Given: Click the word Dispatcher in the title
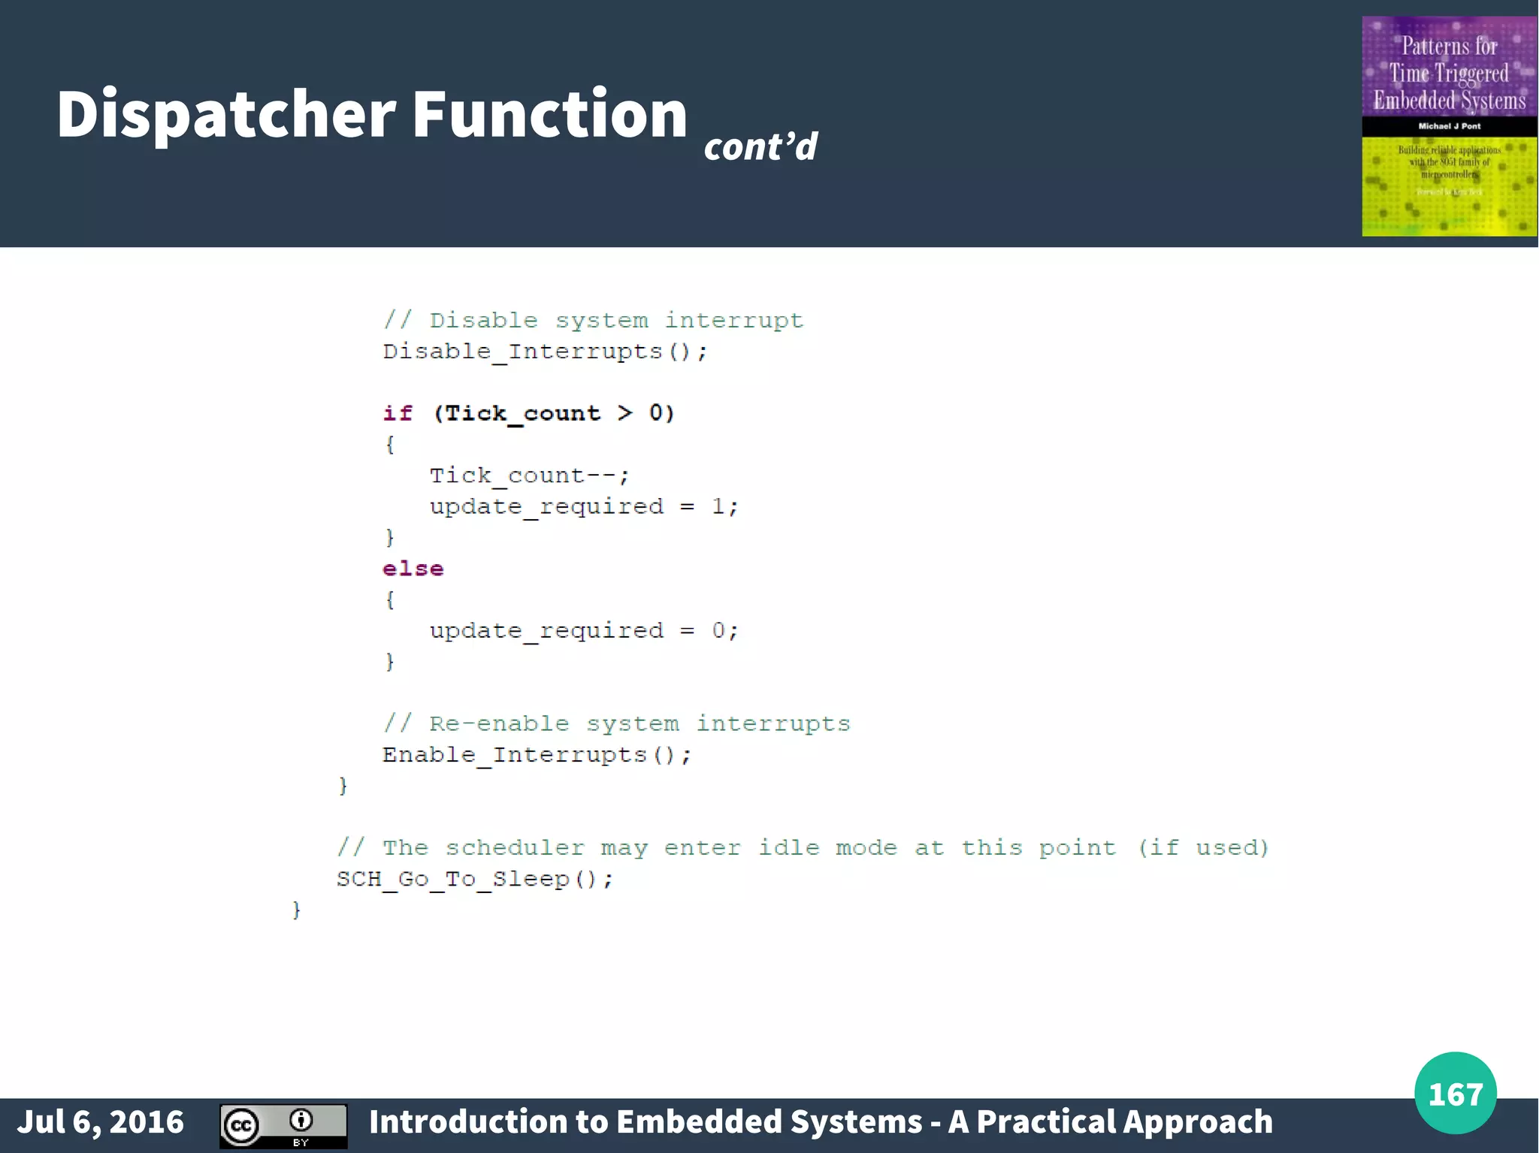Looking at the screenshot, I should (x=225, y=114).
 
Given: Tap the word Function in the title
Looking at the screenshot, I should (x=549, y=114).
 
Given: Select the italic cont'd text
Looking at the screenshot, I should (x=760, y=146).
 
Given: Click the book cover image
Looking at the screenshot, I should (x=1449, y=126).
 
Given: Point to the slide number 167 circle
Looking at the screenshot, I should (x=1455, y=1093).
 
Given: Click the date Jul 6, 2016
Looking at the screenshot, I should (x=101, y=1121).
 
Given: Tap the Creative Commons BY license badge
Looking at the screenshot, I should (x=283, y=1126).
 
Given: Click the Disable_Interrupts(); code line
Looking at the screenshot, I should (x=545, y=352).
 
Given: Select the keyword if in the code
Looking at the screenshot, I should (x=398, y=413).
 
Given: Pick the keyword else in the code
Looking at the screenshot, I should (x=413, y=569).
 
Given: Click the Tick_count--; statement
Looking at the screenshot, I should (x=529, y=475).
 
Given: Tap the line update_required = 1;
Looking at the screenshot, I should (x=584, y=506).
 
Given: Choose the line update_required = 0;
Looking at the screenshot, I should (x=584, y=630).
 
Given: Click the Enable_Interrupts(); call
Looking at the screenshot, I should (x=537, y=754).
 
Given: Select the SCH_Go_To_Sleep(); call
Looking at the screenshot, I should (x=475, y=879).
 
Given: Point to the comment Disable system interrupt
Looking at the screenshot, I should (x=594, y=321).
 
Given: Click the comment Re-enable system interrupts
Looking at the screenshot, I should (x=616, y=723).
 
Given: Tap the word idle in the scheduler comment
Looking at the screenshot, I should (x=788, y=847).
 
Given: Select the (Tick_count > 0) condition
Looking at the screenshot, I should (x=554, y=413).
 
